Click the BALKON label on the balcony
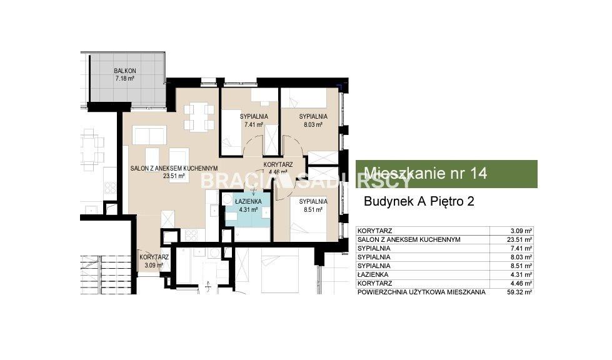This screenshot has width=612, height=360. (125, 71)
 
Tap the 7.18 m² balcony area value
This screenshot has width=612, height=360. (125, 78)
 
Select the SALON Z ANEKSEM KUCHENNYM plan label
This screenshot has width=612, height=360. (174, 168)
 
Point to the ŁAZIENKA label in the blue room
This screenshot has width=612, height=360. (248, 202)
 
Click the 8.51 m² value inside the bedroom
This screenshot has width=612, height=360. (313, 209)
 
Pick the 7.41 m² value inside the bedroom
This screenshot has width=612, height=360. (254, 125)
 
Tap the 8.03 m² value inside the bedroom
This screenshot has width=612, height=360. (313, 125)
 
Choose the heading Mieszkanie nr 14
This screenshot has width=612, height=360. (426, 173)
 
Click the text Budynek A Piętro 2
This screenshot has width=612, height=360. (419, 201)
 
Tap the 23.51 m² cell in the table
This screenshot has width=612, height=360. (519, 240)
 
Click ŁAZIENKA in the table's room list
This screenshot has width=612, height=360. (373, 274)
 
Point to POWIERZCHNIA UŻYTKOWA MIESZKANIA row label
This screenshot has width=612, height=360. (421, 292)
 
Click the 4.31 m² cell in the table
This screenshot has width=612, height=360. (521, 274)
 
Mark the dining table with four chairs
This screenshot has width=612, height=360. (199, 117)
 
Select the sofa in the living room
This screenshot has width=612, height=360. (149, 135)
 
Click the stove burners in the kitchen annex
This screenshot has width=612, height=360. (191, 235)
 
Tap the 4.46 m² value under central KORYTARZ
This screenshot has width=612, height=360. (278, 172)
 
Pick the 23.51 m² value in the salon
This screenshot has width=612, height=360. (174, 176)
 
